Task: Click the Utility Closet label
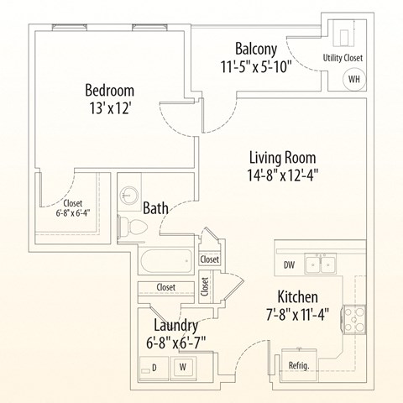(343, 58)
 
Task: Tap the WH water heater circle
(353, 80)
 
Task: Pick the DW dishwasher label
(289, 264)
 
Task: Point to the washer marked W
(181, 366)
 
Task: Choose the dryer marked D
(153, 366)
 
